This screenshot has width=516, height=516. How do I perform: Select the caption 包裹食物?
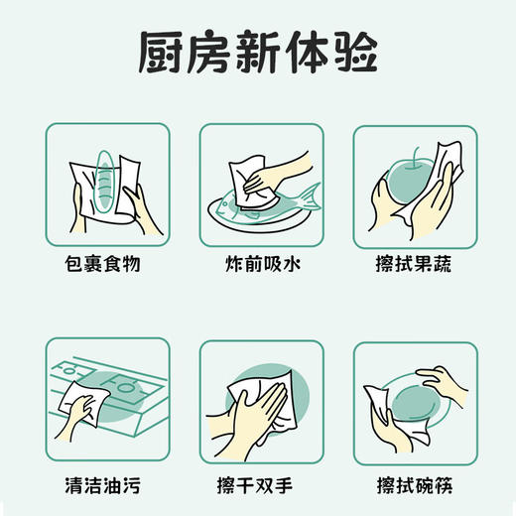click(108, 266)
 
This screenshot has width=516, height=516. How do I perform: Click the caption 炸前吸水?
click(261, 266)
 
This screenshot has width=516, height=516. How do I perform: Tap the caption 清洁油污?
click(108, 484)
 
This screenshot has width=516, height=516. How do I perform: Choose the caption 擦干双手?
click(261, 484)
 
